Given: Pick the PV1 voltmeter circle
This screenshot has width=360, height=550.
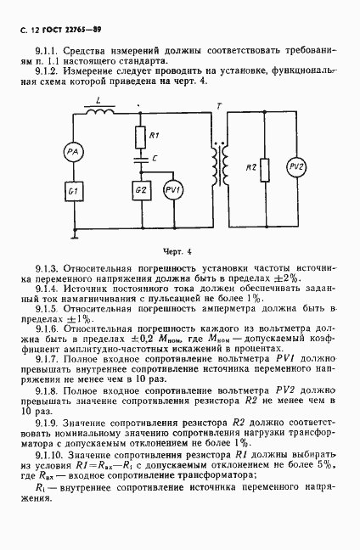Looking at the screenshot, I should tap(172, 188).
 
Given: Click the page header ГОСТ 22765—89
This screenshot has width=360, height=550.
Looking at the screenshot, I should tap(67, 31).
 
